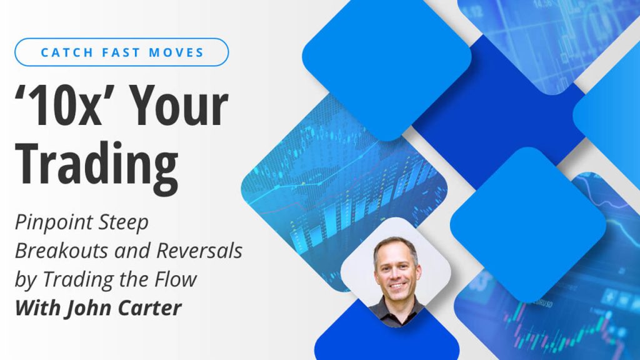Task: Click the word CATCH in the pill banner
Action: (67, 52)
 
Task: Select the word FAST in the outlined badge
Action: (121, 52)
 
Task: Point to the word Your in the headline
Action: (179, 105)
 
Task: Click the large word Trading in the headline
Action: (97, 167)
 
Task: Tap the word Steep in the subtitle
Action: (124, 223)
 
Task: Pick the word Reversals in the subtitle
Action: (199, 251)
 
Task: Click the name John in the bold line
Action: (84, 307)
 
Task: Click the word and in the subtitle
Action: (132, 251)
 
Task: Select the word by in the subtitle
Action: (25, 280)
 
